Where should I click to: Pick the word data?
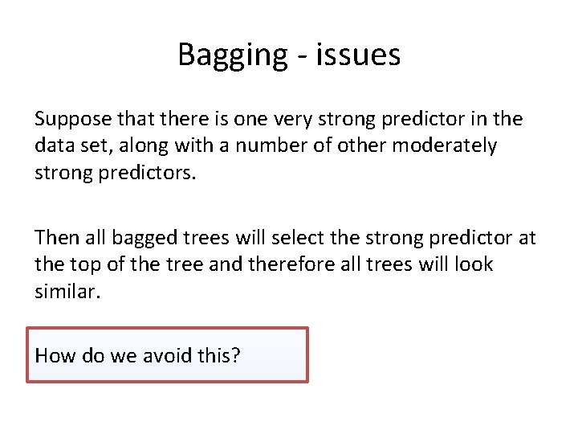(x=52, y=146)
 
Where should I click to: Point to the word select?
(x=288, y=238)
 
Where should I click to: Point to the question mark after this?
(x=235, y=355)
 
